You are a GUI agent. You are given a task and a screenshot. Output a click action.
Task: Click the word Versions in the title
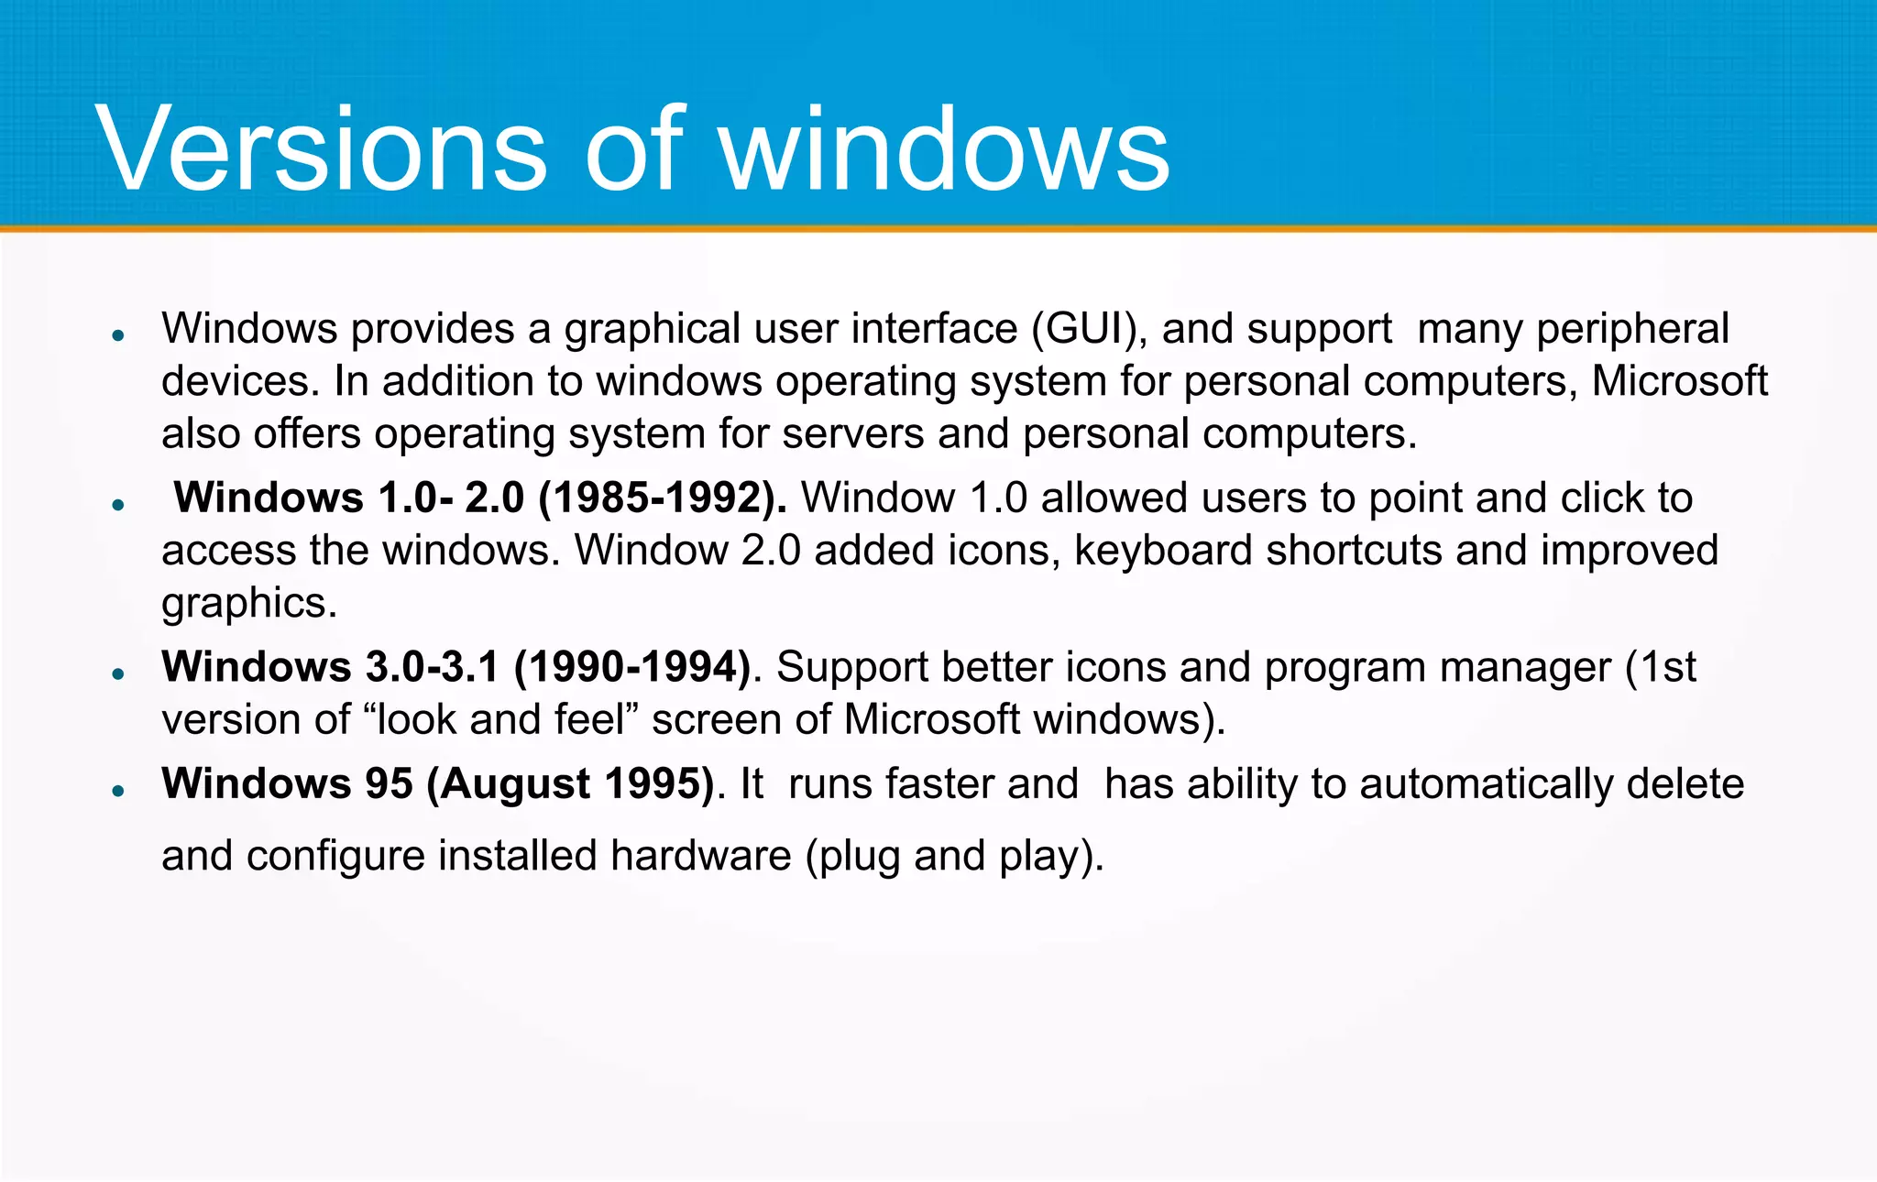[321, 149]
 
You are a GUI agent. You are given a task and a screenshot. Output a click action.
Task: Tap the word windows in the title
[944, 149]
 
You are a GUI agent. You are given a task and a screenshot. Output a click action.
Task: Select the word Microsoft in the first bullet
[1679, 381]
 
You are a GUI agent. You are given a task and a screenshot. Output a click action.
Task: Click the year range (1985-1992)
[662, 498]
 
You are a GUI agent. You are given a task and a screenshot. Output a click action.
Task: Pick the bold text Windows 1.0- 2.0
[349, 498]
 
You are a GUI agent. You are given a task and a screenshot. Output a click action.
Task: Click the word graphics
[249, 604]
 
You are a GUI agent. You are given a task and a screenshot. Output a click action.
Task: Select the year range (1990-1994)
[633, 667]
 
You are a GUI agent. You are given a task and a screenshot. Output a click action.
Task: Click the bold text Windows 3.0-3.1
[330, 667]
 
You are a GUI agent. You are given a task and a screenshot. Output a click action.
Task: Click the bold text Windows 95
[287, 784]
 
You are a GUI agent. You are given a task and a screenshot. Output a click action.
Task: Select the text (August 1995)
[570, 784]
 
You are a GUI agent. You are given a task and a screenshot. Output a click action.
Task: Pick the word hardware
[701, 856]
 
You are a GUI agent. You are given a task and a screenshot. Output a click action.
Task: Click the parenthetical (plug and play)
[954, 856]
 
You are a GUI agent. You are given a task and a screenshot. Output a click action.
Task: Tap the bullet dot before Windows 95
[117, 790]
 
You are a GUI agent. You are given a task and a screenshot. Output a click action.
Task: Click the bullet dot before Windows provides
[117, 335]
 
